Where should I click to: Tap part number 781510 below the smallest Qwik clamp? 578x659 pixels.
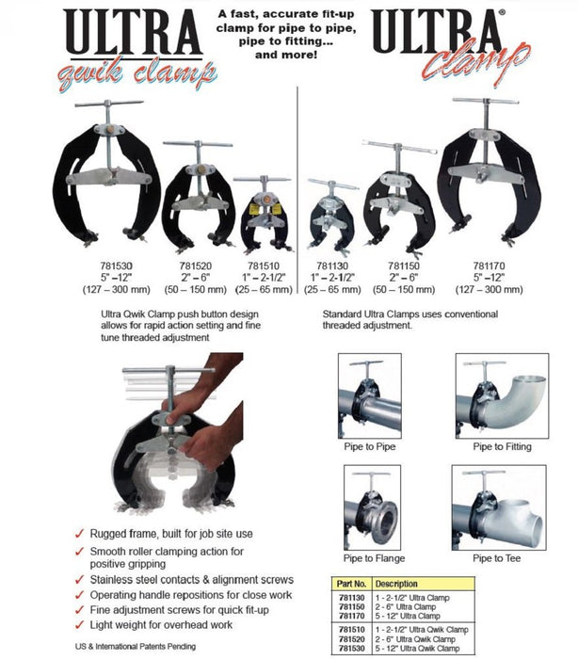(x=261, y=265)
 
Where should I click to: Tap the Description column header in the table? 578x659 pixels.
(x=397, y=585)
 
